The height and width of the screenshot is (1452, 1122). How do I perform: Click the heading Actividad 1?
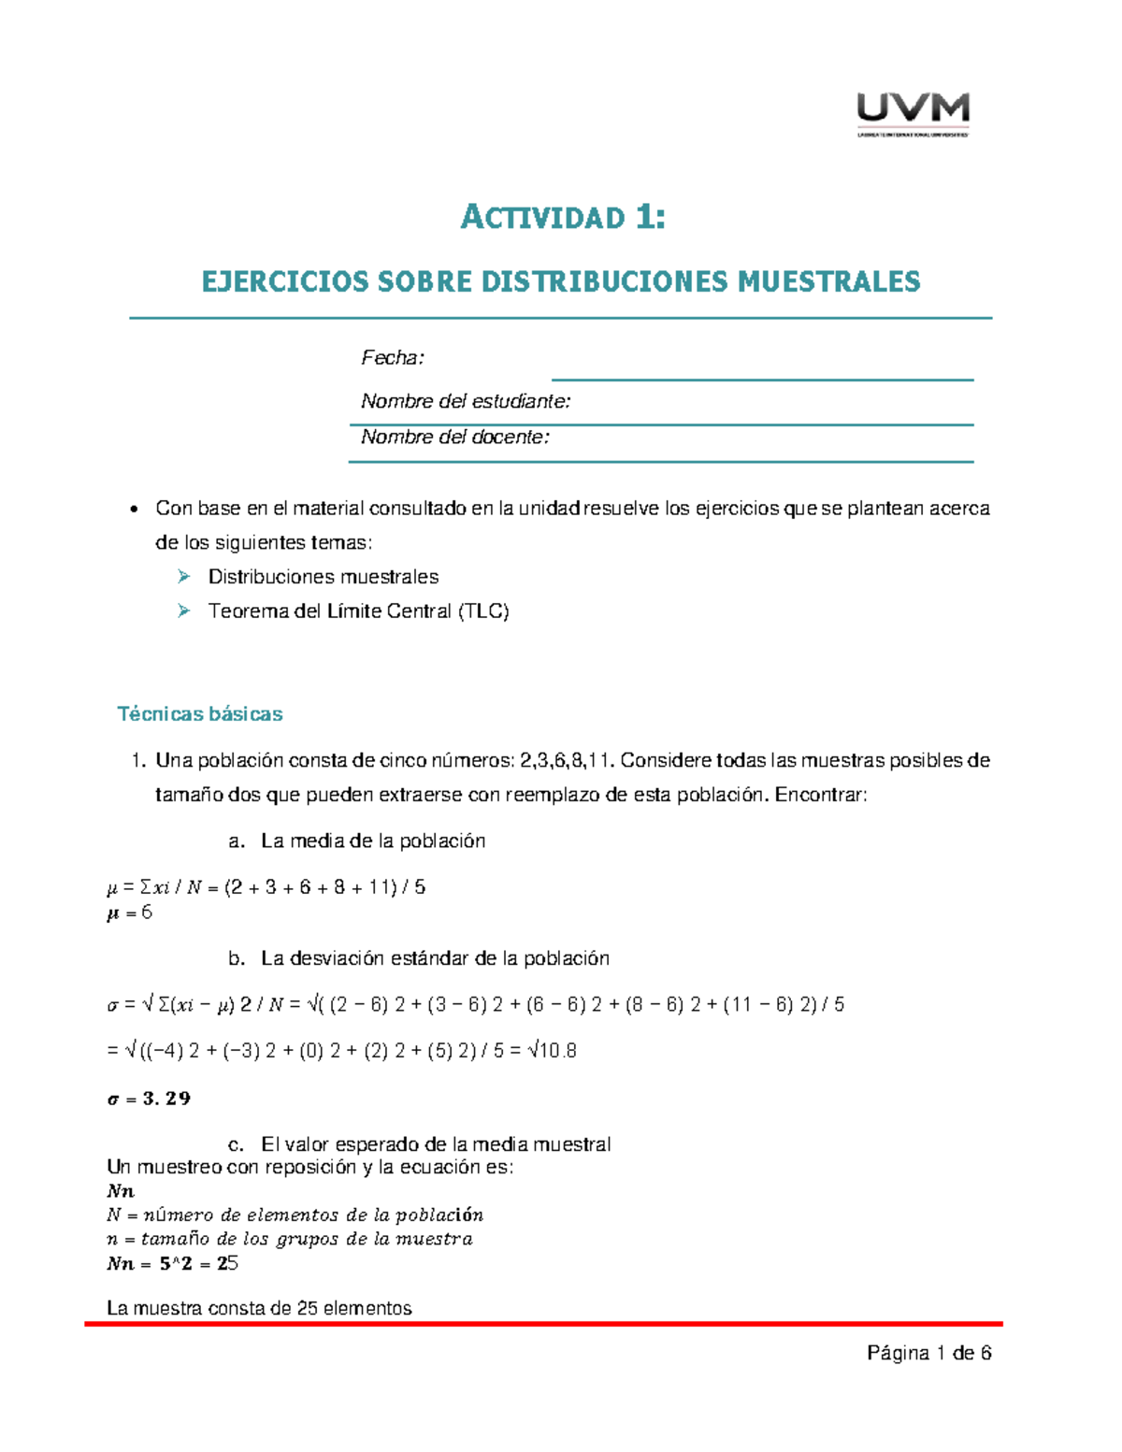click(x=563, y=218)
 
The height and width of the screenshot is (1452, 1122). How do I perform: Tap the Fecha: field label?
click(x=393, y=358)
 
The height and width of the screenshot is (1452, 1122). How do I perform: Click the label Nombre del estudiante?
click(x=466, y=402)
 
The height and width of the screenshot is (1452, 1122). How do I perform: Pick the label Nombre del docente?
click(x=455, y=438)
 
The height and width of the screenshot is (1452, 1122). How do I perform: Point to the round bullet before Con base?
click(x=135, y=510)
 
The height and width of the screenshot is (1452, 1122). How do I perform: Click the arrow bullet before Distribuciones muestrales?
click(x=184, y=577)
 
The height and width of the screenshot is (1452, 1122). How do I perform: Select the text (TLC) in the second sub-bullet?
click(x=482, y=611)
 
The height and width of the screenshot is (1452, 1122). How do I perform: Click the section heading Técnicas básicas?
click(x=200, y=714)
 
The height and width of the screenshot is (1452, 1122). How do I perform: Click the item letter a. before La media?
click(x=237, y=841)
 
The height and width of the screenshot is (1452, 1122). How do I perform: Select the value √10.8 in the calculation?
click(x=552, y=1051)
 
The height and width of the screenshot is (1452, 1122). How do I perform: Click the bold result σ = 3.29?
click(x=149, y=1099)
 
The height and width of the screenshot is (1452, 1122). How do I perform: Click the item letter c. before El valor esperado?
click(x=237, y=1144)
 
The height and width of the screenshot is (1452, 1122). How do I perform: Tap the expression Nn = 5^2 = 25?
click(x=173, y=1264)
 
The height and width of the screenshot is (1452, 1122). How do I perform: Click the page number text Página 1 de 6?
click(x=928, y=1353)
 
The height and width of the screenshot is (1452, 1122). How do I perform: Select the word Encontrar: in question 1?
click(x=821, y=796)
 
